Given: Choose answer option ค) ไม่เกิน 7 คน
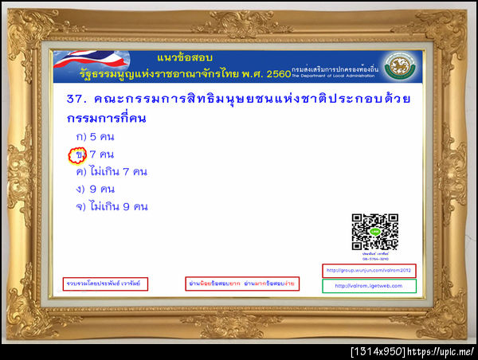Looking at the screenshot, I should pyautogui.click(x=111, y=171).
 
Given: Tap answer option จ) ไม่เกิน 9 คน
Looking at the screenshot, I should pyautogui.click(x=111, y=206).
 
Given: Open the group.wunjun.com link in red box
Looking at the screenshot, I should pyautogui.click(x=368, y=269).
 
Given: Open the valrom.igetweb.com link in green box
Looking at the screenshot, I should pyautogui.click(x=368, y=286).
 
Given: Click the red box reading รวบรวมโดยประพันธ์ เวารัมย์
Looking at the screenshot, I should pyautogui.click(x=107, y=284).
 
